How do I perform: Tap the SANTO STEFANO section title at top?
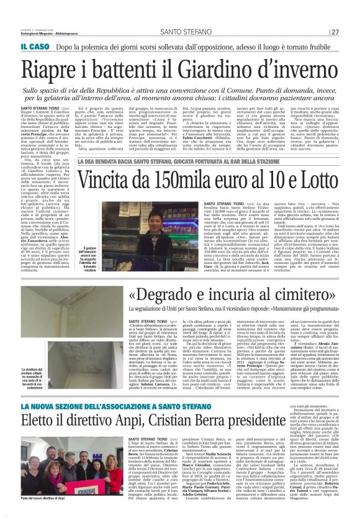click(181, 14)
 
